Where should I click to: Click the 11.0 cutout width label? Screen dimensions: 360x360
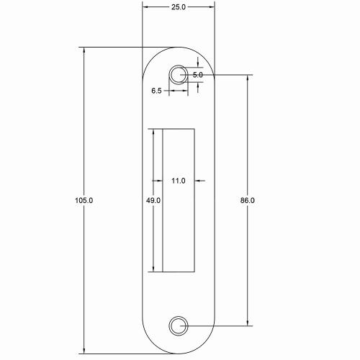coord(179,181)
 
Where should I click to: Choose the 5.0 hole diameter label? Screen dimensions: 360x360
coord(199,74)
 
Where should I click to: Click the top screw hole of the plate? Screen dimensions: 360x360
coord(178,74)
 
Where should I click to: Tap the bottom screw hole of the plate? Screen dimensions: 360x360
coord(178,325)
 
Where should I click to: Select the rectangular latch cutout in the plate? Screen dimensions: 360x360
coord(179,200)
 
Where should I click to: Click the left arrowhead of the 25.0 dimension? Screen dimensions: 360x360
coord(145,7)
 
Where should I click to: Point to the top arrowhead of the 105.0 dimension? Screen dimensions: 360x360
coord(85,50)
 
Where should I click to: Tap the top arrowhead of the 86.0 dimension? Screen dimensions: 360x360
coord(248,77)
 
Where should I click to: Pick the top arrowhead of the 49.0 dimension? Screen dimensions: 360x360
coord(152,132)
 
